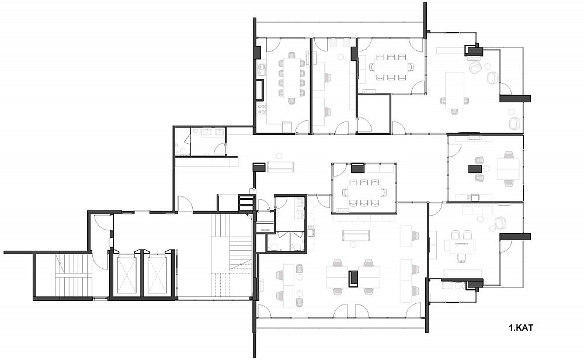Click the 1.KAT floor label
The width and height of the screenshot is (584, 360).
click(x=521, y=328)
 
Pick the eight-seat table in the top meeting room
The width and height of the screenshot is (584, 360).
click(x=391, y=67)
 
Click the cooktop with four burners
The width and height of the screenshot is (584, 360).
click(x=262, y=109)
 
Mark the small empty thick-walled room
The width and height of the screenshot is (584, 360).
click(x=374, y=114)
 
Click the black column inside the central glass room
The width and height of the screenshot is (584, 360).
click(x=358, y=168)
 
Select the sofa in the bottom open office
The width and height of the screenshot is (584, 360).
click(x=356, y=235)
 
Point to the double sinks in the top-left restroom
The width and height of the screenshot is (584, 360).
click(x=213, y=132)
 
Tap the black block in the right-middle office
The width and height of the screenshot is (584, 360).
click(x=475, y=169)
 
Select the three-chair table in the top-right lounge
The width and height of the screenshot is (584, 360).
click(x=454, y=90)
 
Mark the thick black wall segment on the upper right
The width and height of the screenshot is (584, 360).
click(x=515, y=98)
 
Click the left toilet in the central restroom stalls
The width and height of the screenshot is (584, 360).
click(x=274, y=247)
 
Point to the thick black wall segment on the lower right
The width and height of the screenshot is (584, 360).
click(x=515, y=237)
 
